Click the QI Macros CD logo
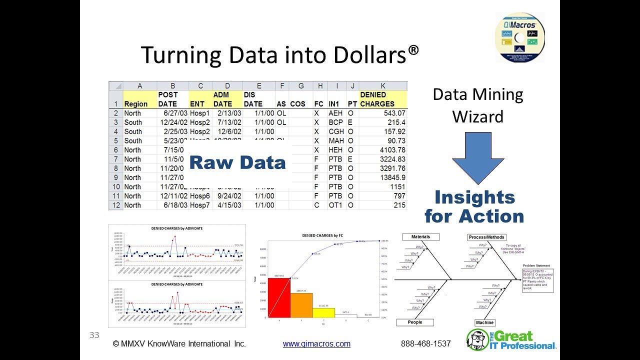point(520,37)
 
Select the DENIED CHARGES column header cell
point(383,99)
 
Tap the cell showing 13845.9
point(383,177)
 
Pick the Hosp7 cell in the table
point(200,205)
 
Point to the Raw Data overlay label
point(237,162)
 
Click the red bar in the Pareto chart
point(278,297)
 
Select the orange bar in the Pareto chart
point(301,305)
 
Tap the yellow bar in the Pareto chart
point(323,312)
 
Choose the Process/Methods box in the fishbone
point(486,237)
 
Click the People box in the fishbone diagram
point(415,322)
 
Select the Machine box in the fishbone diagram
point(485,322)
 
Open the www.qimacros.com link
point(316,344)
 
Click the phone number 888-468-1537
point(426,344)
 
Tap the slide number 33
point(94,335)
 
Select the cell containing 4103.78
point(383,150)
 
